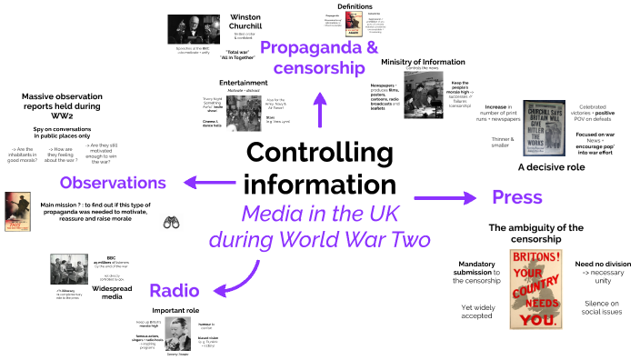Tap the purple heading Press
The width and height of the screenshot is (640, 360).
[x=516, y=196]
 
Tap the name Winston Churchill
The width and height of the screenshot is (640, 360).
[x=245, y=24]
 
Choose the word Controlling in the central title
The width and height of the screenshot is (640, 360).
[x=317, y=152]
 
